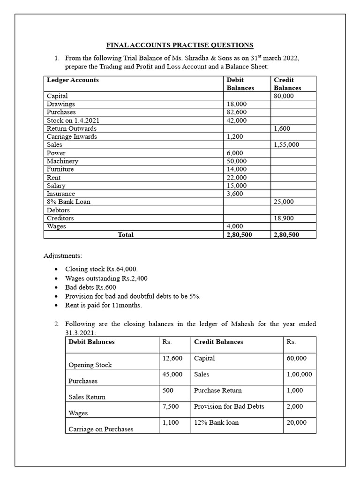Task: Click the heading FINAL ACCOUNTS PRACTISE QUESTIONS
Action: (180, 45)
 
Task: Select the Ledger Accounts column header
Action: (73, 80)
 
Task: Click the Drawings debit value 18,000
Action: (237, 104)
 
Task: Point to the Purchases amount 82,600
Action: (237, 112)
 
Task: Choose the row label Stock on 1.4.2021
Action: (73, 120)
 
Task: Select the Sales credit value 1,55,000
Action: (286, 145)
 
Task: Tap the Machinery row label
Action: (62, 161)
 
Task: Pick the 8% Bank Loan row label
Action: (68, 202)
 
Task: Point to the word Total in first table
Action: (126, 235)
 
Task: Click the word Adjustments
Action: (62, 256)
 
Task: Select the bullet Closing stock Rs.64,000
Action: (101, 269)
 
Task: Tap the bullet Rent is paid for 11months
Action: (103, 305)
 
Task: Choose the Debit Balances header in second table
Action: (91, 342)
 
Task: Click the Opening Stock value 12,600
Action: (172, 358)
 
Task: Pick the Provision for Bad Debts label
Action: (229, 406)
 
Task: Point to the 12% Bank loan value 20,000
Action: (296, 422)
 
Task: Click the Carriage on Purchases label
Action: (101, 429)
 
